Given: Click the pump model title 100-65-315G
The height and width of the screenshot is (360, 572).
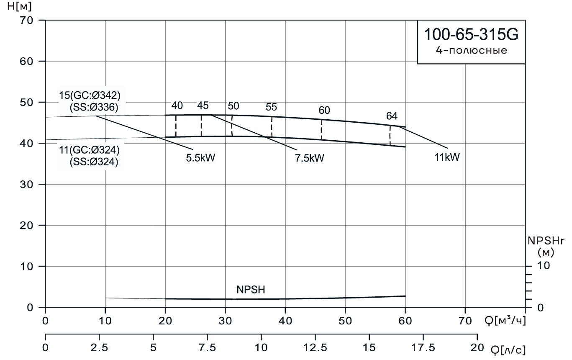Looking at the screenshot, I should (471, 35).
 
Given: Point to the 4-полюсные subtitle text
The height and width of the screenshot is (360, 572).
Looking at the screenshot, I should (471, 51).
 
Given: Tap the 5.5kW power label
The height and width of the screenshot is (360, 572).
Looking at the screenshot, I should (203, 158).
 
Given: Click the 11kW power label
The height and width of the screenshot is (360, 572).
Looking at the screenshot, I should (446, 157).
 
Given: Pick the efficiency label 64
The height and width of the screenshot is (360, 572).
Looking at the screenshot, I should (392, 116).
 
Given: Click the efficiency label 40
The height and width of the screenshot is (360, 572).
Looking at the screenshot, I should (177, 105).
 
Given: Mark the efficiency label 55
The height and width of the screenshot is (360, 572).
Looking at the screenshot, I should (271, 107).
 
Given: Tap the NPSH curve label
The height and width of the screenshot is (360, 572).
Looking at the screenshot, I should (251, 290).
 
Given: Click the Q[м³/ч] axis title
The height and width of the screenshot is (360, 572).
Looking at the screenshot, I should (505, 321).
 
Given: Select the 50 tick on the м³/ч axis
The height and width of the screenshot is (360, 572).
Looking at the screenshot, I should (345, 321).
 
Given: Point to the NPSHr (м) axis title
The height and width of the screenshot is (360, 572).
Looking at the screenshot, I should (546, 246).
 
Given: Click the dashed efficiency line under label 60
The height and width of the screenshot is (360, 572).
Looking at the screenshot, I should (321, 130).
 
